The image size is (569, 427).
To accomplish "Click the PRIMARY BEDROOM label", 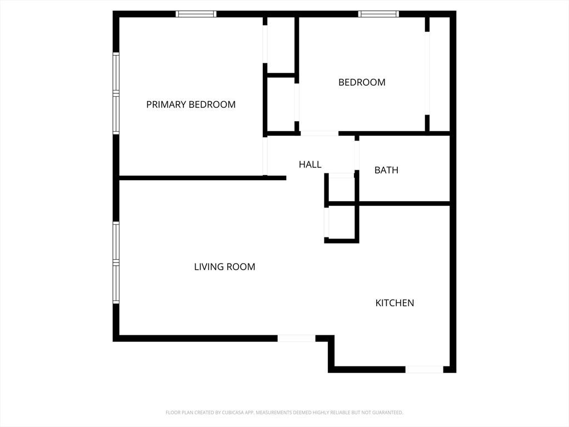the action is pyautogui.click(x=191, y=105).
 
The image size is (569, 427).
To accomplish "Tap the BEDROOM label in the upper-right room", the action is pyautogui.click(x=362, y=82).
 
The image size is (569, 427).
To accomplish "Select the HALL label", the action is pyautogui.click(x=310, y=165).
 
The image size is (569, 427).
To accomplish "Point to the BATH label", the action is pyautogui.click(x=386, y=170).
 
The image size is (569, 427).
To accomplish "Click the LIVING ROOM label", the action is pyautogui.click(x=224, y=267).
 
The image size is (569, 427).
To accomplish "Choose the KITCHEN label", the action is pyautogui.click(x=395, y=303).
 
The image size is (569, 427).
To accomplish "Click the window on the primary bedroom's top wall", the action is pyautogui.click(x=196, y=14).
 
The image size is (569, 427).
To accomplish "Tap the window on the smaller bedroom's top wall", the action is pyautogui.click(x=378, y=14).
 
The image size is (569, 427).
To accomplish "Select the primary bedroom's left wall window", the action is pyautogui.click(x=116, y=93).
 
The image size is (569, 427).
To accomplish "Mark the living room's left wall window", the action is pyautogui.click(x=116, y=262).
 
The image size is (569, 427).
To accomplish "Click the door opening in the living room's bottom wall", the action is pyautogui.click(x=297, y=339).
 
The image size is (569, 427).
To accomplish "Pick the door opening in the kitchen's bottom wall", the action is pyautogui.click(x=424, y=370).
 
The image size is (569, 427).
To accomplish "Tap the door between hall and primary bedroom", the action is pyautogui.click(x=265, y=156).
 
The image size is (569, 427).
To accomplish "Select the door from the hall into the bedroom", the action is pyautogui.click(x=320, y=133).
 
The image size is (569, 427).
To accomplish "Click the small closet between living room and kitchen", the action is pyautogui.click(x=342, y=222).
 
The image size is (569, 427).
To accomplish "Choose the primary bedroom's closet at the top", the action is pyautogui.click(x=281, y=45).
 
